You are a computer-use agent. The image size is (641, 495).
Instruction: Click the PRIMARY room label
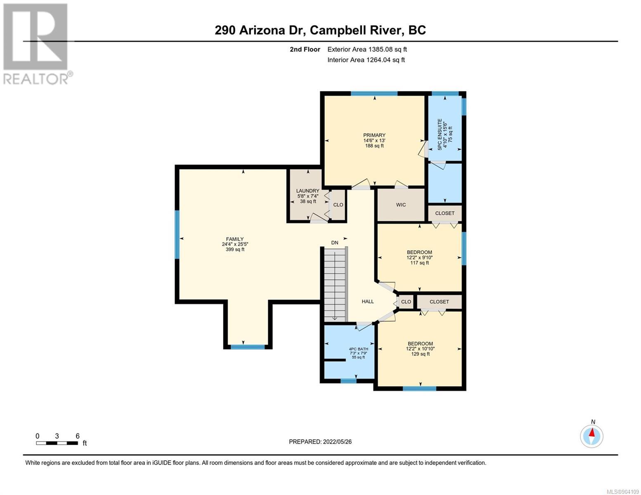tap(374, 135)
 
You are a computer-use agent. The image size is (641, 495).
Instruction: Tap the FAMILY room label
tap(235, 239)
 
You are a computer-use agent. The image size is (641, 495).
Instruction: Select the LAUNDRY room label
tap(307, 191)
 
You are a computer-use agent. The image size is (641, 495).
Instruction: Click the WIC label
tap(401, 205)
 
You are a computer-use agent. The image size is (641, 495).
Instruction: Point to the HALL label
tap(368, 301)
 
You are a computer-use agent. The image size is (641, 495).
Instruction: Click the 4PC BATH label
tap(358, 349)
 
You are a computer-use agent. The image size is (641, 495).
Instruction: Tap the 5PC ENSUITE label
tap(440, 134)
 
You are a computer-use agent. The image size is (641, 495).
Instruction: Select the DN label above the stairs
tap(334, 243)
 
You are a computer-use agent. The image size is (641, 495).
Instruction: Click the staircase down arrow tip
tap(335, 320)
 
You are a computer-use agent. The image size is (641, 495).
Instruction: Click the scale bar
tap(57, 443)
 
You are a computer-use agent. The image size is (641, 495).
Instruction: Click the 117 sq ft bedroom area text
tap(419, 263)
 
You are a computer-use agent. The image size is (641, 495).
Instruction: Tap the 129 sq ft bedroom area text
tap(420, 354)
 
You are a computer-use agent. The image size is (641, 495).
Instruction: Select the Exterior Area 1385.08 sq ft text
tap(367, 49)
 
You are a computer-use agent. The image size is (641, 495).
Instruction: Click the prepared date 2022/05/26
tap(337, 442)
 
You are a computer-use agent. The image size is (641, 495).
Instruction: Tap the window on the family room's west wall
tap(177, 234)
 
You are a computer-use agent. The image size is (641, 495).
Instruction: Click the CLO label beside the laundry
tap(338, 205)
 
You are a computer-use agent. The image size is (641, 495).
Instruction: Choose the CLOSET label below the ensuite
tap(445, 213)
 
